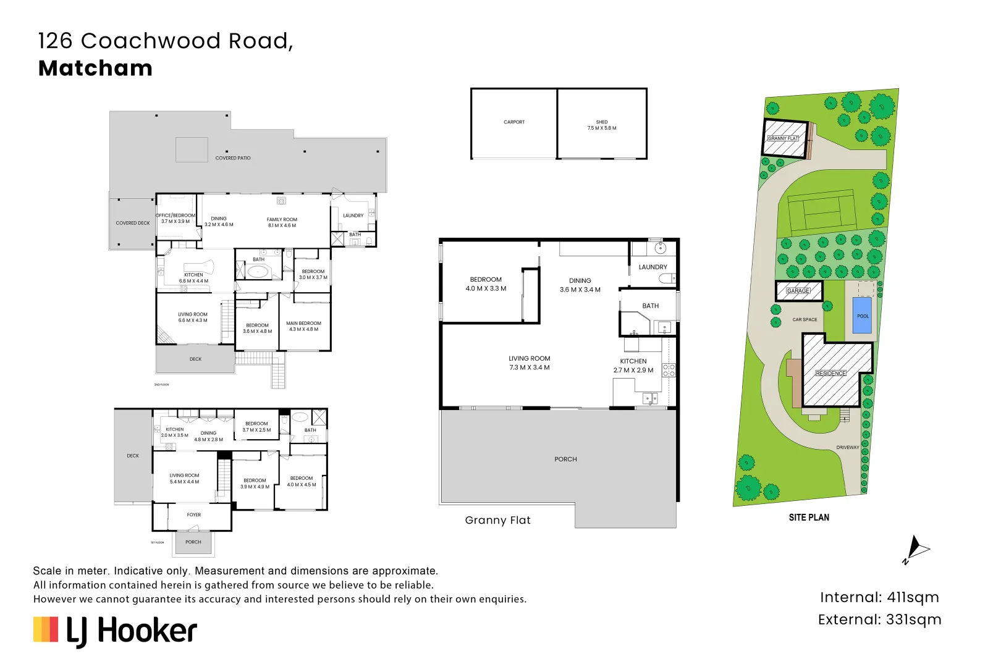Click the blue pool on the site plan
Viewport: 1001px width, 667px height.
coord(862,316)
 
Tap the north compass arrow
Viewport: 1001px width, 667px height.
coord(916,548)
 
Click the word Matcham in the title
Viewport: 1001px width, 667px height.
coord(96,68)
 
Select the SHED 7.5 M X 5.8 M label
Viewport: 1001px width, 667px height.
coord(601,125)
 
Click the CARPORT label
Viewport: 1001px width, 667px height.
coord(513,122)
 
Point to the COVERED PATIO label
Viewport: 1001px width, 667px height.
coord(233,158)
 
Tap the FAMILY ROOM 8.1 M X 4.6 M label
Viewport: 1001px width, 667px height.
coord(282,222)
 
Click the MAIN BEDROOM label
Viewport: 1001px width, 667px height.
coord(303,326)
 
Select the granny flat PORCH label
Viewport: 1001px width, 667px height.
coord(565,459)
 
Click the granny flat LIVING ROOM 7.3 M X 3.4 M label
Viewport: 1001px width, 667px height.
coord(529,363)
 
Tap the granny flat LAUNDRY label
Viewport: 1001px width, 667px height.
coord(653,267)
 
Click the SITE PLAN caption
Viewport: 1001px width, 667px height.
coord(808,518)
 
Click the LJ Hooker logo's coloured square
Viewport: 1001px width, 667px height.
coord(46,629)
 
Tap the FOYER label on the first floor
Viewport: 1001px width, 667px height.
coord(193,514)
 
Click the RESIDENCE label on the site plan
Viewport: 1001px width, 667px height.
coord(830,373)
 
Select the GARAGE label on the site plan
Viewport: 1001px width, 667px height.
coord(798,290)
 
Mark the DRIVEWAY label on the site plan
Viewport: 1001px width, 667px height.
coord(847,447)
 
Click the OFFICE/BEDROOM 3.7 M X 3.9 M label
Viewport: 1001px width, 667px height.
coord(175,218)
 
